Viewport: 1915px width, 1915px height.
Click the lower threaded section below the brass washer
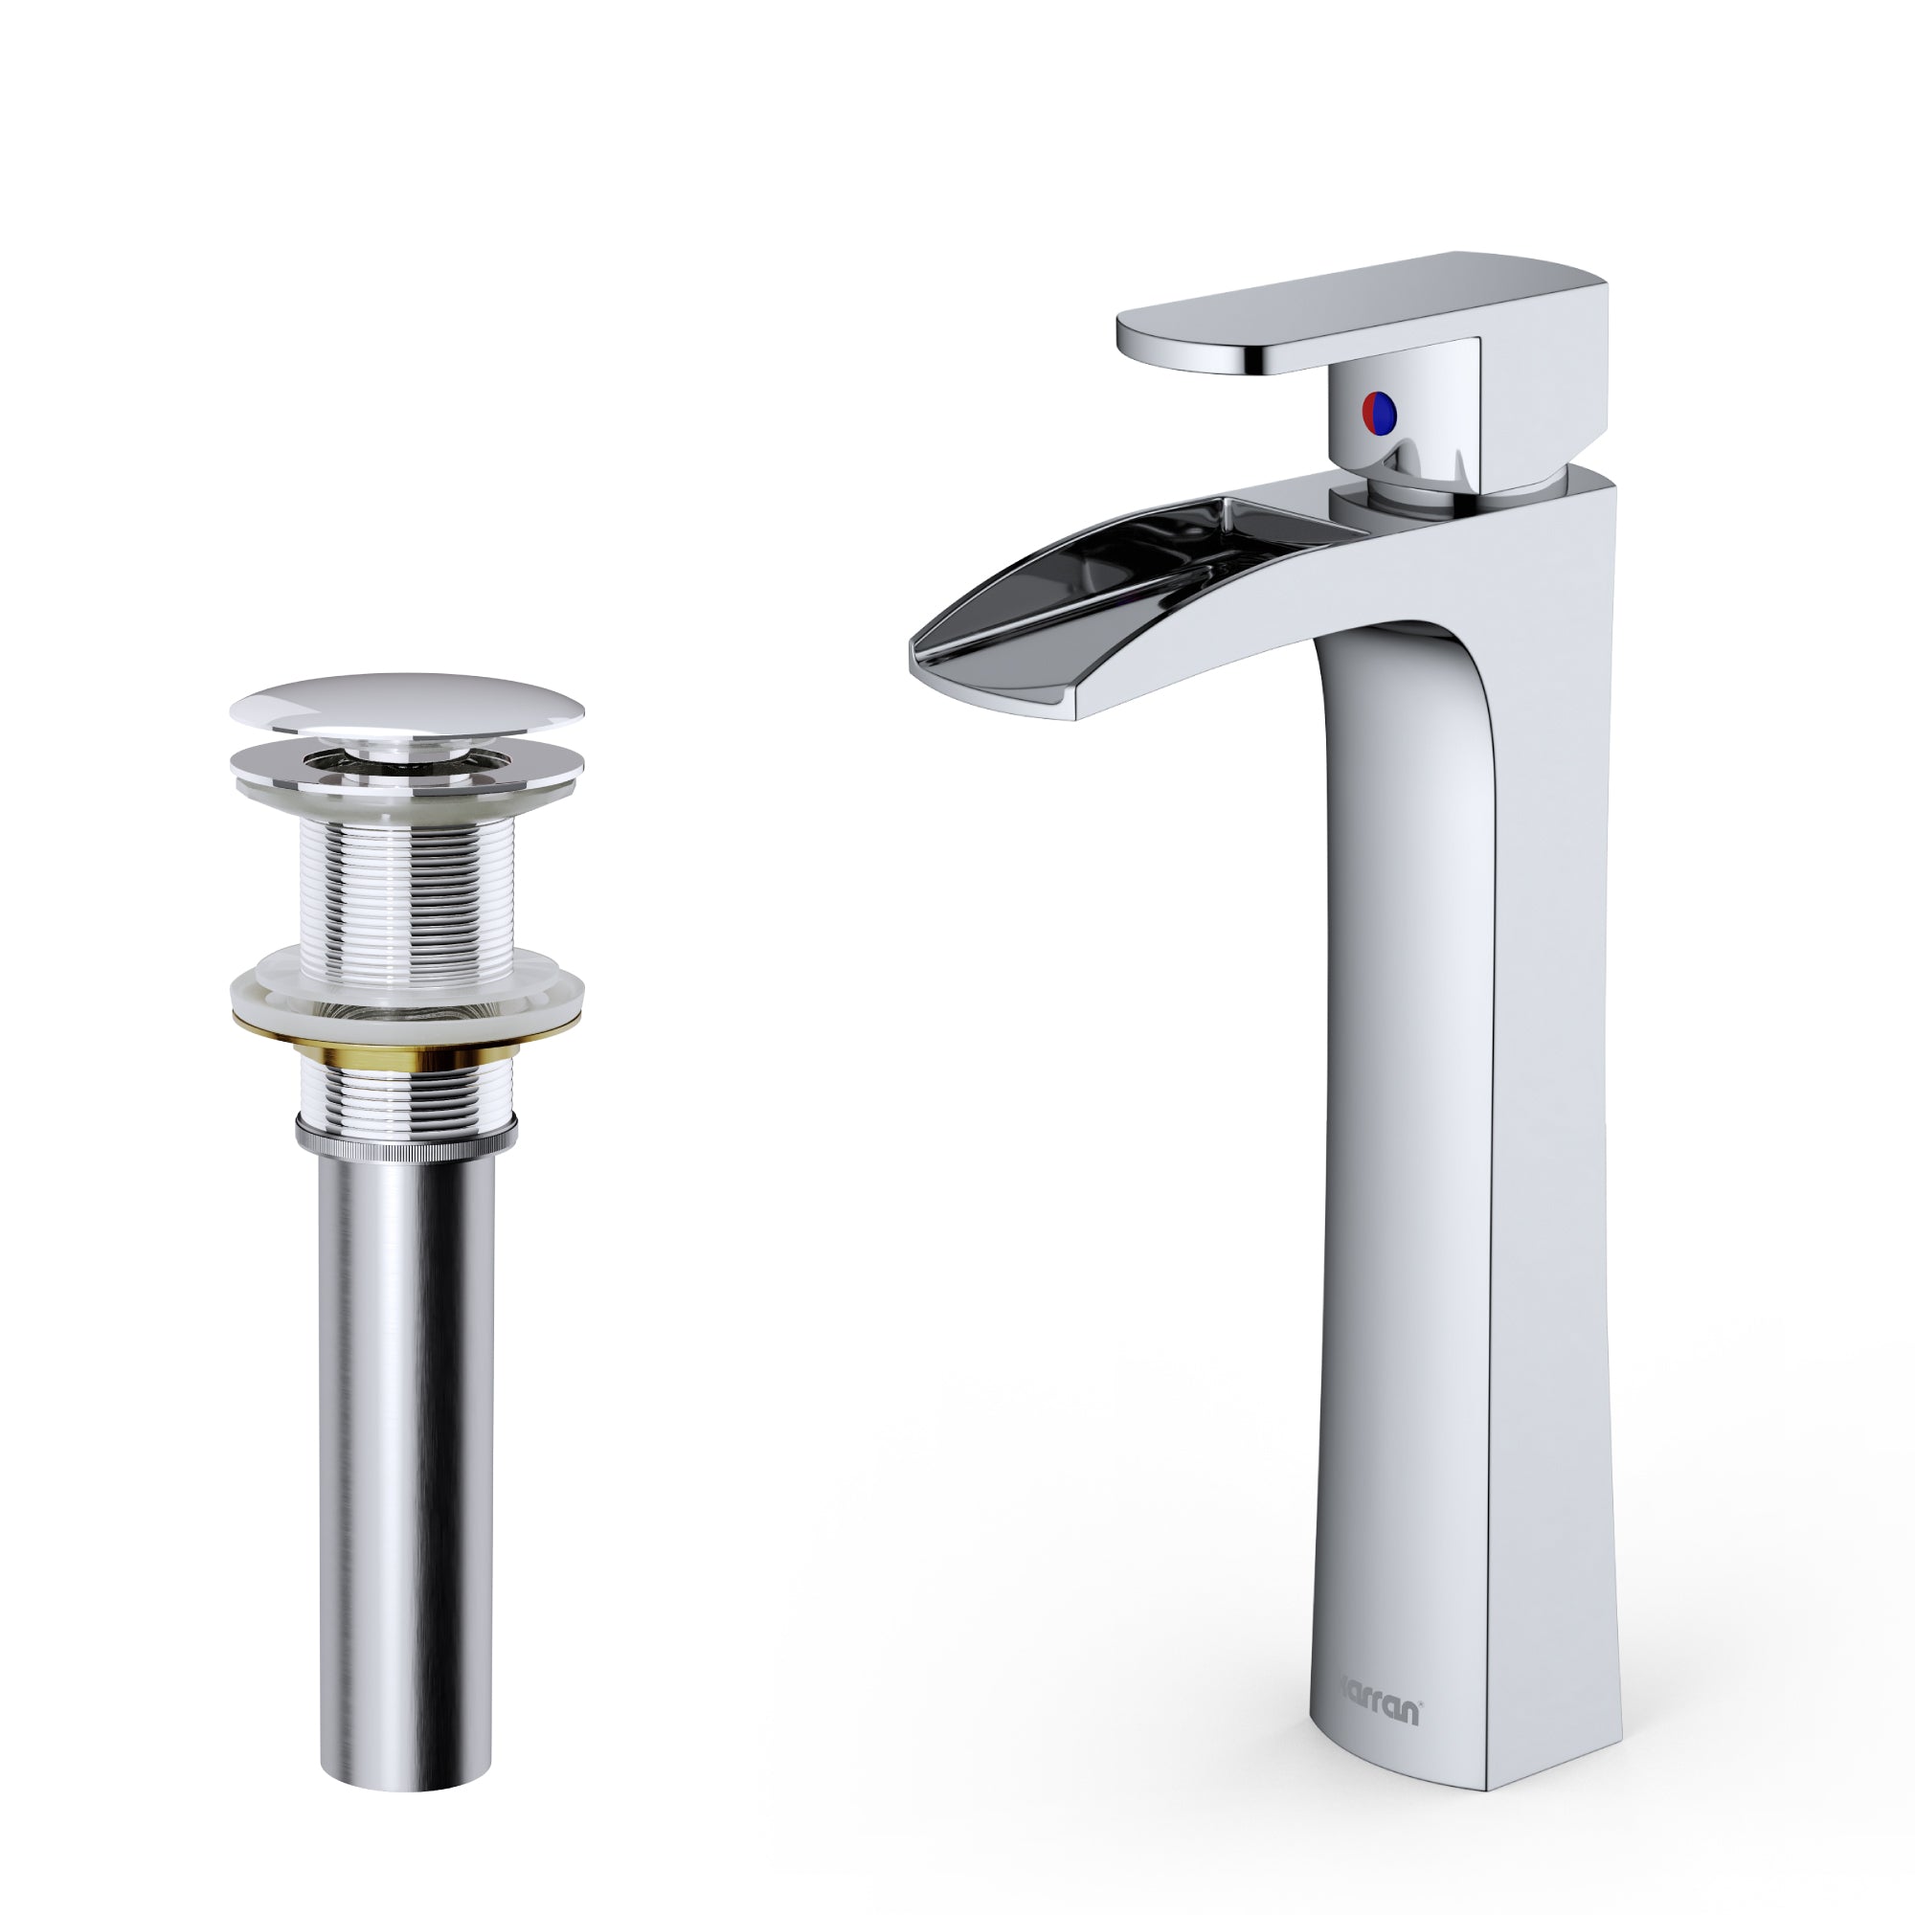point(406,1086)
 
